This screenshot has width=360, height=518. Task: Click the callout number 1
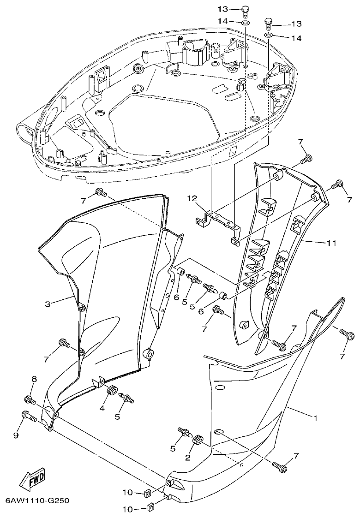[315, 418]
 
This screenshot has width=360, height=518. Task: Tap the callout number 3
[48, 304]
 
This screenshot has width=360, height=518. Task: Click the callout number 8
[33, 379]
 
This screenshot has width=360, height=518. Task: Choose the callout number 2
[188, 457]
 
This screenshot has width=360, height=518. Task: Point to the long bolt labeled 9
[29, 417]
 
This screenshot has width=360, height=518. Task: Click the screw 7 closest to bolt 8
[63, 344]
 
